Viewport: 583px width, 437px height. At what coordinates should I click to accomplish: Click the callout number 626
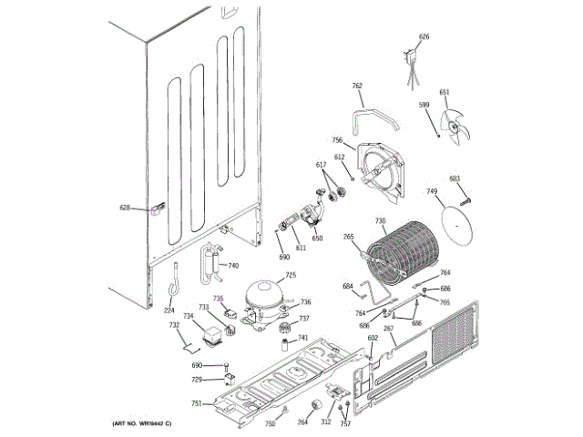point(424,36)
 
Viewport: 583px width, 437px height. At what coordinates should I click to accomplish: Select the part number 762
point(357,86)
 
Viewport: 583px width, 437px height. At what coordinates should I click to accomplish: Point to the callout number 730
point(380,221)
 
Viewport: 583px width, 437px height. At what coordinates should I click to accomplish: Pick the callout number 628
point(126,208)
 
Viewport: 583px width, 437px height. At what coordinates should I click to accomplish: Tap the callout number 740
point(233,266)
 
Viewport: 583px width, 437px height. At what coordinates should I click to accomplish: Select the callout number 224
point(169,310)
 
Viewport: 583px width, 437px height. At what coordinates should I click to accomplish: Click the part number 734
point(188,317)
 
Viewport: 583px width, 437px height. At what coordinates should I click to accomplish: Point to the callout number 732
point(173,325)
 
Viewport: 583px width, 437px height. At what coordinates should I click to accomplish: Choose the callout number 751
point(196,403)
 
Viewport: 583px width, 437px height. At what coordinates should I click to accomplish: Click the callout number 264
point(302,422)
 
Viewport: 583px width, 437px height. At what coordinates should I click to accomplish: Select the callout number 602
point(373,339)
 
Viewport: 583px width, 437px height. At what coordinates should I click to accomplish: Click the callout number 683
point(455,179)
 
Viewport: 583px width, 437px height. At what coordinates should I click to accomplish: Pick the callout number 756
point(337,140)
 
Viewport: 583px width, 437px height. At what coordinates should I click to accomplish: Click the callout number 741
point(302,338)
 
